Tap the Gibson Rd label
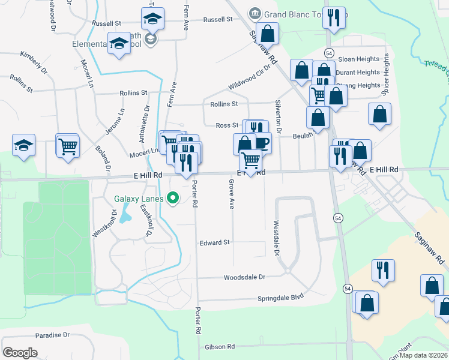click(219, 347)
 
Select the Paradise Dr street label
click(53, 335)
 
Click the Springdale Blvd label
click(281, 297)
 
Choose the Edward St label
click(215, 243)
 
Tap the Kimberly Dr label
click(34, 62)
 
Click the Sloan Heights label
click(359, 59)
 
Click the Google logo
click(20, 352)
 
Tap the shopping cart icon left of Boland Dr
click(68, 145)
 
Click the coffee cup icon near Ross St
click(262, 143)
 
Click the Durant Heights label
click(358, 73)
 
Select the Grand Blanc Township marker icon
click(255, 13)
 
